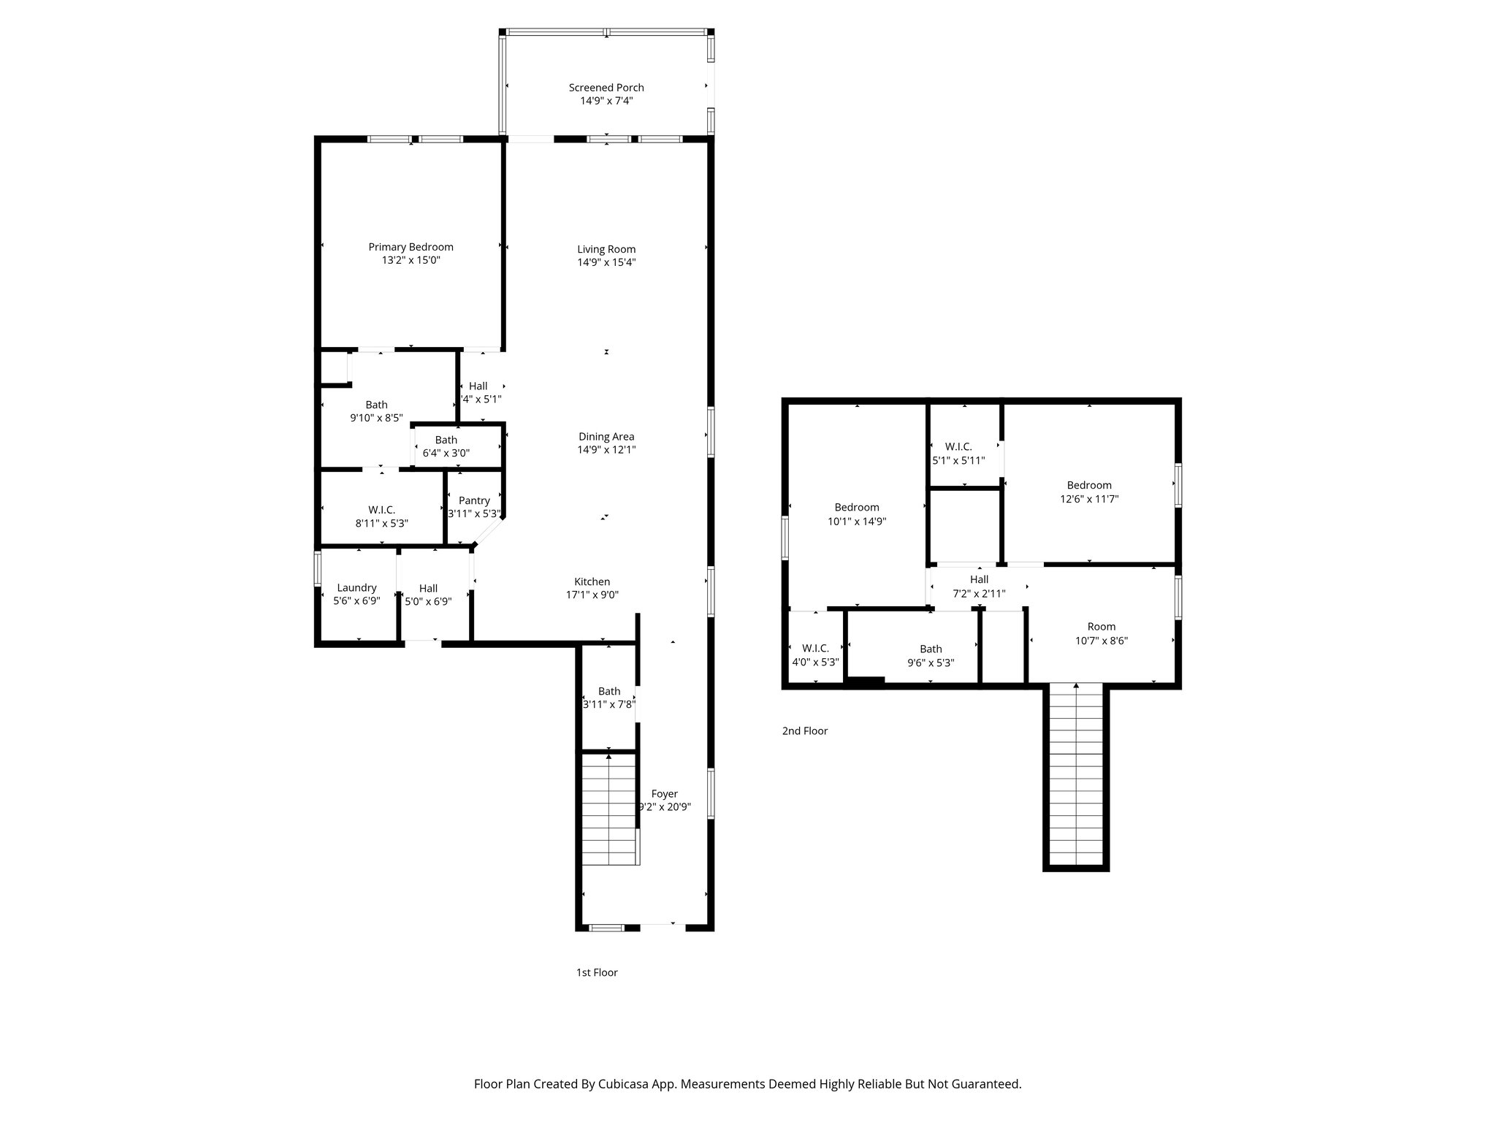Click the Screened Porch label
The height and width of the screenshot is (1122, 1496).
coord(606,88)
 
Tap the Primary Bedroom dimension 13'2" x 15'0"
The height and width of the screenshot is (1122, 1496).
coord(411,261)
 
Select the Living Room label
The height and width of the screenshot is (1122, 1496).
coord(606,249)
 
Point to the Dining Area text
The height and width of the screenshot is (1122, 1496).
coord(606,437)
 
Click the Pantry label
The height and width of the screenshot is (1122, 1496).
coord(474,500)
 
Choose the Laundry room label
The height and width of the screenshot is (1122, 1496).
coord(356,587)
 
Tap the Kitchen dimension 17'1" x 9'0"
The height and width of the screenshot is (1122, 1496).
coord(592,595)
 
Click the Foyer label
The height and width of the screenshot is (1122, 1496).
coord(664,794)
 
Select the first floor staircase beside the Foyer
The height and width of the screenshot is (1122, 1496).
coord(609,811)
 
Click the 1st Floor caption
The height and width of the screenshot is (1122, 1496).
coord(597,972)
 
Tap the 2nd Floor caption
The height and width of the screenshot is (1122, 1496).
coord(804,730)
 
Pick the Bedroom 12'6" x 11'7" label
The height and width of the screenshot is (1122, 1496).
coord(1089,485)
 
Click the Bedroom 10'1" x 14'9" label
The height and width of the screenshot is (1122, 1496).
coord(857,507)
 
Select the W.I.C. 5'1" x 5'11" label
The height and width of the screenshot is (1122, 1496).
coord(958,446)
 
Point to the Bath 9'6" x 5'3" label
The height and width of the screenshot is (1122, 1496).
coord(931,649)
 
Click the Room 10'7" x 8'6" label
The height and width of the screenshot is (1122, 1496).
coord(1101,627)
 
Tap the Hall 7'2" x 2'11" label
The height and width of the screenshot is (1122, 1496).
coord(979,579)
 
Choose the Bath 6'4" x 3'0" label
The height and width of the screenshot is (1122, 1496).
coord(446,440)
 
